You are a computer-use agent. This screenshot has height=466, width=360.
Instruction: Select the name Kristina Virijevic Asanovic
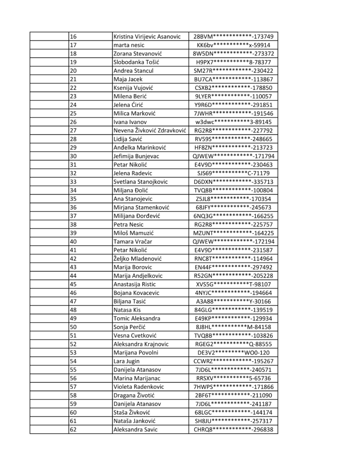pos(147,36)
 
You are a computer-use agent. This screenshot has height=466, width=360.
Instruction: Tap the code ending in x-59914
pos(233,45)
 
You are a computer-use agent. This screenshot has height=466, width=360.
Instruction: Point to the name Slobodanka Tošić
pos(136,62)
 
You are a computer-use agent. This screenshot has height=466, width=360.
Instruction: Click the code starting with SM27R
pos(233,71)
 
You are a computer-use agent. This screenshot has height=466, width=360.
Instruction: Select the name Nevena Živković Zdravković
pos(150,131)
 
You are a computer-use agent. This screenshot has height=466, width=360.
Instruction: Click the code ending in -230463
pos(233,165)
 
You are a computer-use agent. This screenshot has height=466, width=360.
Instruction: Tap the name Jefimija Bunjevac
pos(137,156)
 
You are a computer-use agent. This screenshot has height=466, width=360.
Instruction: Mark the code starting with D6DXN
pos(233,182)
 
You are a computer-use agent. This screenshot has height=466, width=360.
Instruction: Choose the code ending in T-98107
pos(233,284)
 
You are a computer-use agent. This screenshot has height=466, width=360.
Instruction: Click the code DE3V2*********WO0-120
pos(233,352)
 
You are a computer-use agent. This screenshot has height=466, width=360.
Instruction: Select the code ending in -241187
pos(233,404)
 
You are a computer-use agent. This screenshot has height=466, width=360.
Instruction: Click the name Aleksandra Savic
pos(135,430)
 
